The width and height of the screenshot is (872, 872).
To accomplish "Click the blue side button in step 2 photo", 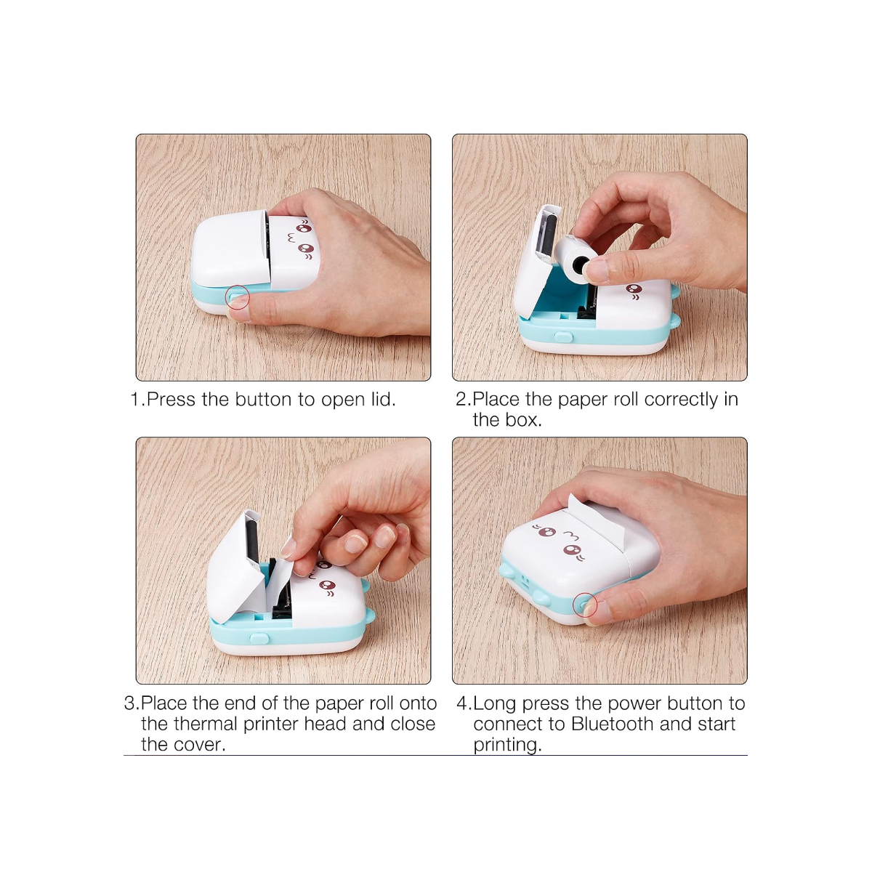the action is coord(563,336).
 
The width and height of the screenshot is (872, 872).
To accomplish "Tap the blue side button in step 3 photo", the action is coord(259,638).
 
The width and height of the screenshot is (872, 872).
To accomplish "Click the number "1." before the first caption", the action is coord(137,400).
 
